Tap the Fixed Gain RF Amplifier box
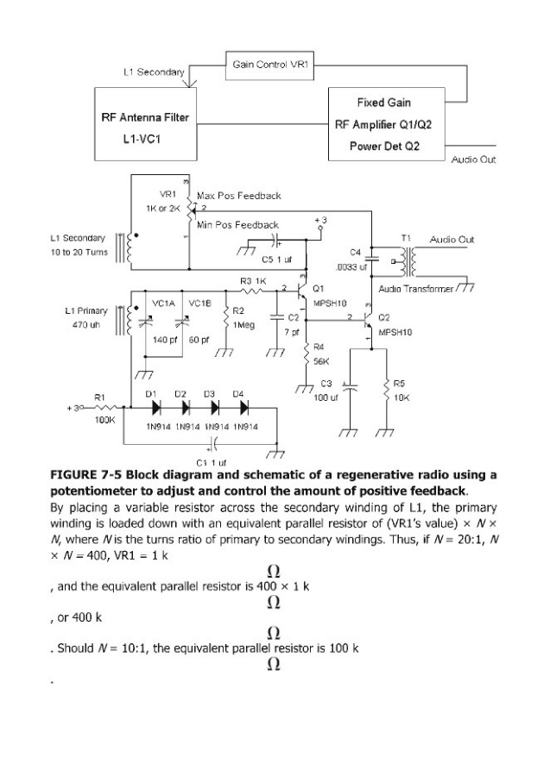pos(383,122)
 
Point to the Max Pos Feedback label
pos(238,197)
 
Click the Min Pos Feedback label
pos(238,224)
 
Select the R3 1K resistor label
pos(251,281)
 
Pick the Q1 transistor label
pos(318,288)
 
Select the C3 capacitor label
pos(326,383)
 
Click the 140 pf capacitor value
pos(165,340)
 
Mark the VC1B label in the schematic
pos(199,303)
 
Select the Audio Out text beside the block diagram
pos(473,160)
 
